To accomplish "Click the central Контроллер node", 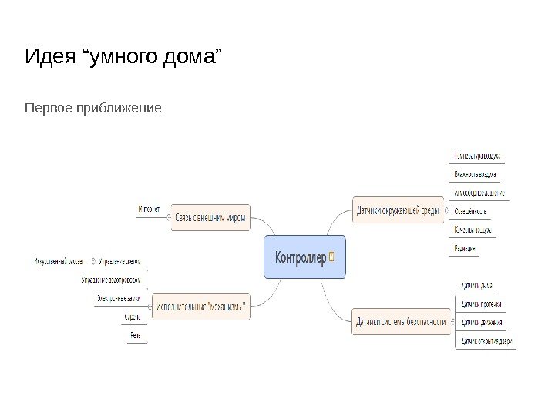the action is coord(304,257).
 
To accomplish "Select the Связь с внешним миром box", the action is coord(210,217).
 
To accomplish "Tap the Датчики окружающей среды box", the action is coord(398,209).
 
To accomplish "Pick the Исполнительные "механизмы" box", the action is coord(203,306).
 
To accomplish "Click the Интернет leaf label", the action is coord(150,208).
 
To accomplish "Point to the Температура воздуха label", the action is coord(477,155).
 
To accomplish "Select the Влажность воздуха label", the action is coord(476,174).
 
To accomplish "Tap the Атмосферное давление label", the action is coord(479,193).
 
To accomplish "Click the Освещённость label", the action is coord(470,211).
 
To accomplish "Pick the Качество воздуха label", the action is coord(473,230).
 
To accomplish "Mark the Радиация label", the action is coord(465,248).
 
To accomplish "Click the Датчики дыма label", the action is coord(476,287).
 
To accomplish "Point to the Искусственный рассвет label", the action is coord(59,260).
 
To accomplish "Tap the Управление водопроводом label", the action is coord(111,280).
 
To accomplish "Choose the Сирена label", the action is coord(133,317).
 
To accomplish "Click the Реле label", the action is coord(135,335).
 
